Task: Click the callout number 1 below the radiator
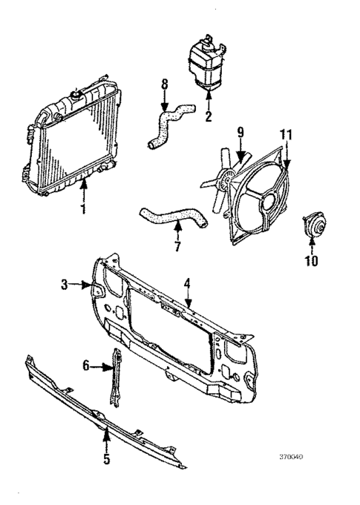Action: pos(83,209)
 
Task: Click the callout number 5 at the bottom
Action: pos(106,460)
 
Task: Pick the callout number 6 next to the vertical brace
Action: pos(86,365)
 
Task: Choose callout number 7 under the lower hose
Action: pos(177,246)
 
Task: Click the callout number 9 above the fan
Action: pos(240,133)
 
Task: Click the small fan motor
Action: pos(310,226)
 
